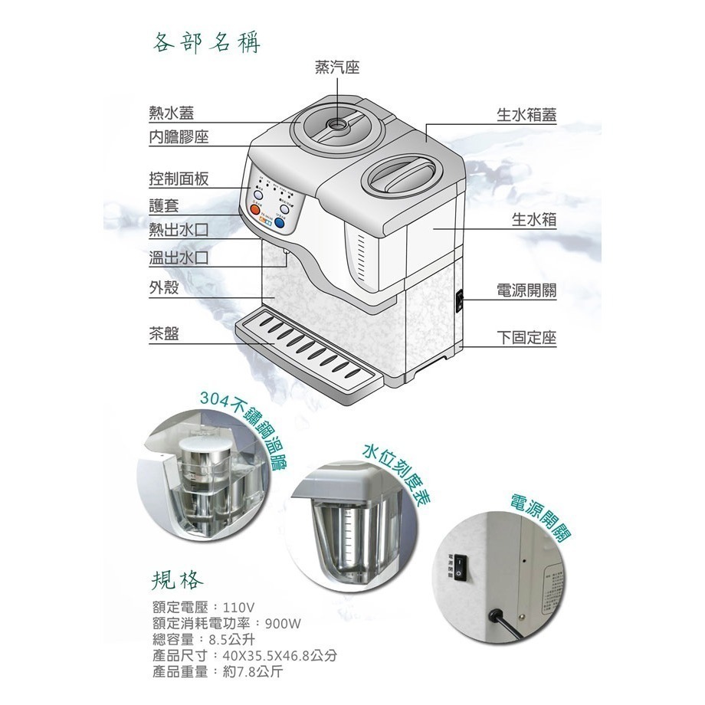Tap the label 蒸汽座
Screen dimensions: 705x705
[x=337, y=69]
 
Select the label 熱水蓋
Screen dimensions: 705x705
[x=171, y=114]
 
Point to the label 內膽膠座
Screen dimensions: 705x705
[x=179, y=137]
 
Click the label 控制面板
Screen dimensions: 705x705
[x=179, y=179]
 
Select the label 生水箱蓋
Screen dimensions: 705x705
[x=526, y=115]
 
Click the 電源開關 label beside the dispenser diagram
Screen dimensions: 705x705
[x=526, y=291]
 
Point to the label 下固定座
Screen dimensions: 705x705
[x=526, y=338]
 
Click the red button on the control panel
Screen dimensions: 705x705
[x=254, y=207]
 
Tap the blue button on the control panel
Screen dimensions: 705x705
[x=284, y=208]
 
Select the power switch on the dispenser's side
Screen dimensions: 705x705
[x=461, y=300]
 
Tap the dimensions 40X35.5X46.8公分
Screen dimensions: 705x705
[x=280, y=657]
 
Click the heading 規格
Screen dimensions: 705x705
[x=177, y=576]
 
